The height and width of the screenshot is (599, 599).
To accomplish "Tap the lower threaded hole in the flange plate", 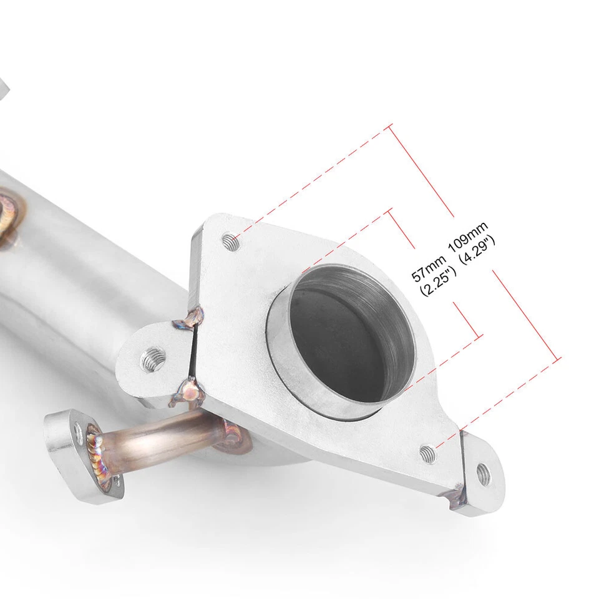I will (x=427, y=451).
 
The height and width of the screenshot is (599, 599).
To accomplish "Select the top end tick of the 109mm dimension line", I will (x=391, y=127).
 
